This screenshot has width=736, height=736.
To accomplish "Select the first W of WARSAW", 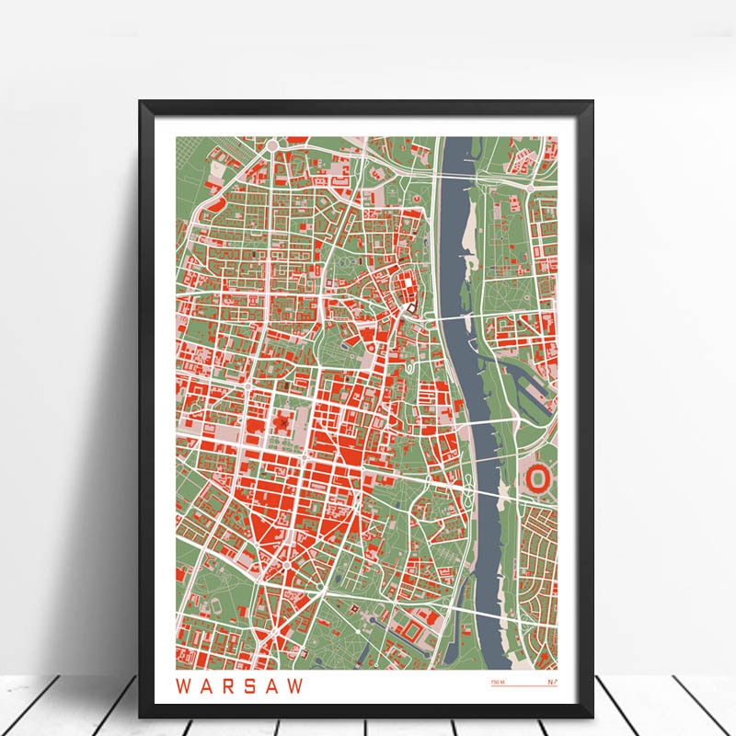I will click(x=181, y=685).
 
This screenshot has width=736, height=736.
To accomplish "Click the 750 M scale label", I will click(x=498, y=683).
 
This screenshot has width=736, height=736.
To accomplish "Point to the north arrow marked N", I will click(x=552, y=682).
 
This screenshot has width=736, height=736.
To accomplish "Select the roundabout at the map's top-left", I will click(x=273, y=145).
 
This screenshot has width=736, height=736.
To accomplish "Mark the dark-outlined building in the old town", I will click(x=413, y=306).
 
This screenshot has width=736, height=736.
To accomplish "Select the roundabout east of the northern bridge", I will click(x=530, y=188).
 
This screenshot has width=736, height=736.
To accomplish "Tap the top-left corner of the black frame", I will click(x=142, y=102).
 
